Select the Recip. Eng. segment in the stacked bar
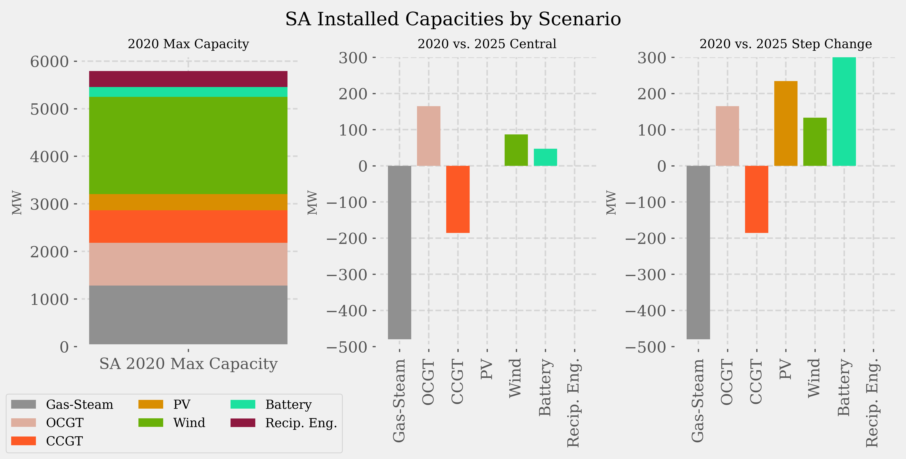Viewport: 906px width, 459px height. [188, 79]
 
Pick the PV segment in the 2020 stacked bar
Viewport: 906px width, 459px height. [188, 202]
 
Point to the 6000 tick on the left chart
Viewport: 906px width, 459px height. [49, 62]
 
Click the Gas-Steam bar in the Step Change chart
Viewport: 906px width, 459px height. [698, 252]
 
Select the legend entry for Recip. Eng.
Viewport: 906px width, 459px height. [301, 423]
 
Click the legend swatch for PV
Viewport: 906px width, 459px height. [151, 405]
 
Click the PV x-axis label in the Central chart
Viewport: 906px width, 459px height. [487, 370]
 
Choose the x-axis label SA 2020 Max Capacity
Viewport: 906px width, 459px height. [188, 364]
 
